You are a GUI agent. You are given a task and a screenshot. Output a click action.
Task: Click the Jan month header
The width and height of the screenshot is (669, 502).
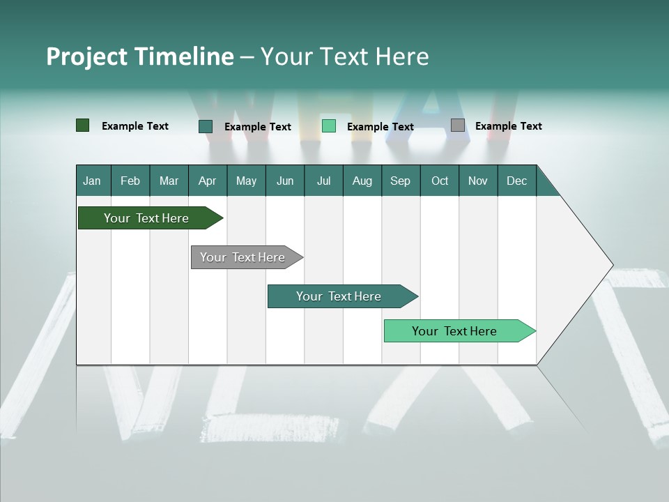[x=92, y=181]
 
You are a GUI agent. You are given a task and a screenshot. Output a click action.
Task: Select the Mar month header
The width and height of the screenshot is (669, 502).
[x=169, y=181]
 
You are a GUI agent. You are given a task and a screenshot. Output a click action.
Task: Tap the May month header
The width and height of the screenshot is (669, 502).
[x=246, y=181]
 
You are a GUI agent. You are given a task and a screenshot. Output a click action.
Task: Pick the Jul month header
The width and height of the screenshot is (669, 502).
[x=323, y=181]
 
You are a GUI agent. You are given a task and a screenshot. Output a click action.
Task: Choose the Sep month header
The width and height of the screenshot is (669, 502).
[x=400, y=181]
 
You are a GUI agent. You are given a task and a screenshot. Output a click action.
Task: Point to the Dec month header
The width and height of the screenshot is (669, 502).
[x=516, y=181]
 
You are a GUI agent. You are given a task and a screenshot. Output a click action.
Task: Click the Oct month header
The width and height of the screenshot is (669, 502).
[x=440, y=181]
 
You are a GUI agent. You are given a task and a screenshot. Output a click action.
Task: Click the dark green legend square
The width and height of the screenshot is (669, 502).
[x=83, y=125]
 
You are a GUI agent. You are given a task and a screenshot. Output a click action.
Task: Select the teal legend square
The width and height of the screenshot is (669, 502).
[x=206, y=126]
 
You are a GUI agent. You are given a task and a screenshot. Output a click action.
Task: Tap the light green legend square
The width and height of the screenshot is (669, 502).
[x=329, y=126]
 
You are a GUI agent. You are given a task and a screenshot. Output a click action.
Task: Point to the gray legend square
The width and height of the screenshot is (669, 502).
[x=458, y=125]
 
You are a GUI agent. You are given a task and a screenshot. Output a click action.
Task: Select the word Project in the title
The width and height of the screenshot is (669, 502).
[x=86, y=56]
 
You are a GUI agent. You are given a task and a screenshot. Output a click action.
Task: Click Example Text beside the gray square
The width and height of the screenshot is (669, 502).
[x=508, y=126]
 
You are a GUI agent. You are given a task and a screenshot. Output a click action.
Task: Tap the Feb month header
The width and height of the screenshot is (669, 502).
[x=130, y=181]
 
